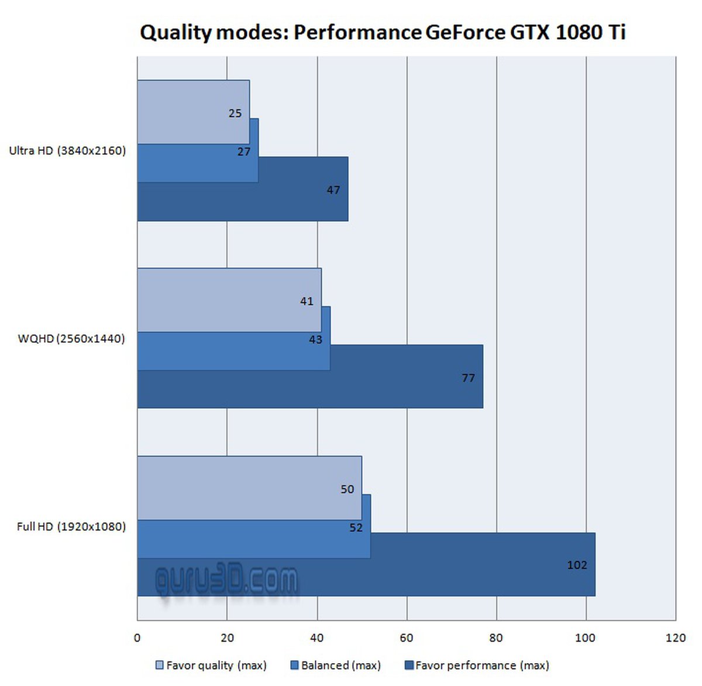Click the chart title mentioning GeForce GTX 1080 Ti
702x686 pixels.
coord(383,32)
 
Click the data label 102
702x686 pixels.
coord(577,565)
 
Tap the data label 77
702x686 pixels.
coord(468,378)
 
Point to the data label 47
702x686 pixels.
coord(333,190)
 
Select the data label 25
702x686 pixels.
coord(235,113)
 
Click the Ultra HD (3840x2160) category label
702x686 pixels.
coord(67,150)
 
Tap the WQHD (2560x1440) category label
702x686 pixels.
coord(71,339)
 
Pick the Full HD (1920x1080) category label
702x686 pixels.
coord(71,526)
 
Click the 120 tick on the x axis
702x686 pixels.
coord(675,637)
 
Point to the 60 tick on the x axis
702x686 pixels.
coord(407,637)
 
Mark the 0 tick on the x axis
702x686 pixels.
coord(137,637)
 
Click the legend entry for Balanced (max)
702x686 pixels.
coord(336,665)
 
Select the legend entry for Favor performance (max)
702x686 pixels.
coord(477,665)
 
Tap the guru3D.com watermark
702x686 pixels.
coord(226,581)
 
